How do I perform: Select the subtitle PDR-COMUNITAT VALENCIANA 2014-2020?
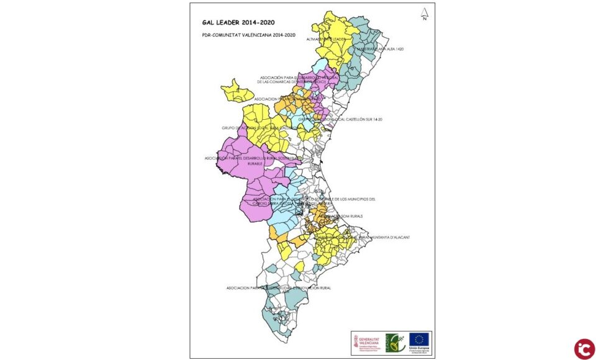coord(248,35)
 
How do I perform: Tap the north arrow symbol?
coord(424,14)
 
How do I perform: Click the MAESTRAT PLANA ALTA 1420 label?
coord(379,48)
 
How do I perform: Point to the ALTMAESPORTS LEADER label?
coord(326,39)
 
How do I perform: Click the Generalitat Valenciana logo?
coord(367,343)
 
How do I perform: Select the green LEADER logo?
coord(395,343)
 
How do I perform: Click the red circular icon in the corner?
coord(584,349)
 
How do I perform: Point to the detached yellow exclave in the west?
coord(237,91)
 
